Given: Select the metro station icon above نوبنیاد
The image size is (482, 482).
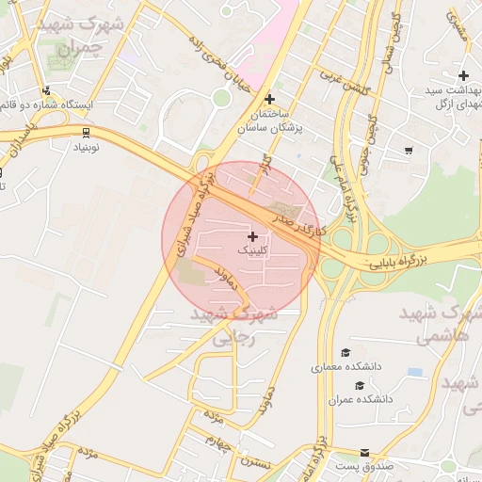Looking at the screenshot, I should tap(86, 133).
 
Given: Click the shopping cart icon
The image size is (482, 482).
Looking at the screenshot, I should tap(408, 150).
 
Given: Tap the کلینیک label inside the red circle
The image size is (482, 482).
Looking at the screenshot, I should tap(251, 250).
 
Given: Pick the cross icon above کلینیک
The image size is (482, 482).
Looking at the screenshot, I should tap(251, 235).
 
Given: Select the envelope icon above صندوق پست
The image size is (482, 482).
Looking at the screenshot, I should tap(364, 454).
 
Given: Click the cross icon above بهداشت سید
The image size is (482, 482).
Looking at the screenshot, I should tap(462, 74).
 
